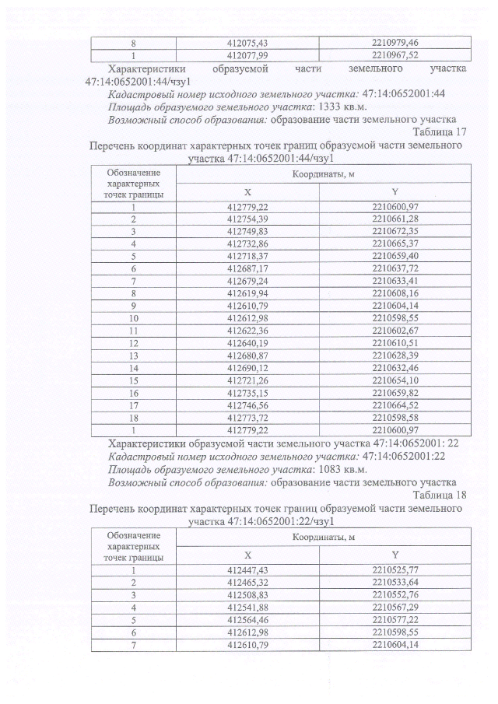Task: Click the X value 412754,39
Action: click(x=247, y=219)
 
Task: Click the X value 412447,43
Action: click(x=247, y=570)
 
